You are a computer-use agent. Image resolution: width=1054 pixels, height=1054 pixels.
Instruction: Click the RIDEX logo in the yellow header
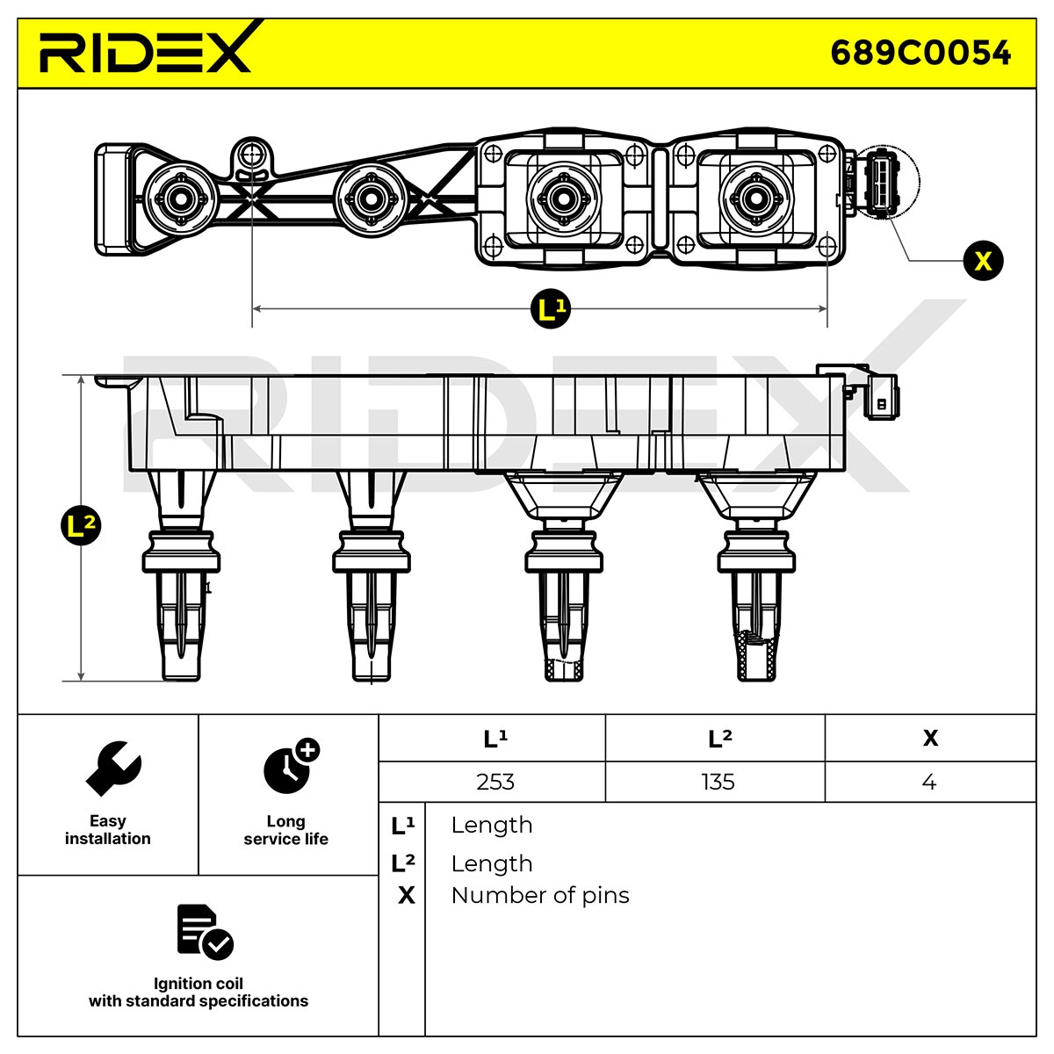tap(145, 48)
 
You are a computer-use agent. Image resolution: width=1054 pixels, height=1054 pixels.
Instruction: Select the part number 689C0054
tap(920, 53)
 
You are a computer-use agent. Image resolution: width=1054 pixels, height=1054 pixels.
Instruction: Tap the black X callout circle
tap(983, 260)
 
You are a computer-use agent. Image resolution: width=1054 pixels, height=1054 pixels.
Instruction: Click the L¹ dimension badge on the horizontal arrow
tap(551, 309)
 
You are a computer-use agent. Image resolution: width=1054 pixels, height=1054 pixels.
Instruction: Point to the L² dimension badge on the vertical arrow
tap(81, 525)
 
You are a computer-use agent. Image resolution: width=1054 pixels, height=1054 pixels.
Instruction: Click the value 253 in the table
tap(495, 782)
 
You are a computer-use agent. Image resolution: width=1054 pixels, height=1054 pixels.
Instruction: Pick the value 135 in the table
tap(718, 782)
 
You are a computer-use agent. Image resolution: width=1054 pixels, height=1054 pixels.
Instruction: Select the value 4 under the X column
tap(928, 782)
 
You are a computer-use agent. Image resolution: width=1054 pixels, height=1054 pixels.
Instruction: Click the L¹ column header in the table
tap(495, 739)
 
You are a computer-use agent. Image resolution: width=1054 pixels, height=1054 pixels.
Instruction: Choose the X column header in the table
tap(930, 739)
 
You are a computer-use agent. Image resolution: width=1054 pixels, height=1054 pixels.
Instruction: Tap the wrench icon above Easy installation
tap(114, 768)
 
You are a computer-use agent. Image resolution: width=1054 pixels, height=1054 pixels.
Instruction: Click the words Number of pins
tap(540, 895)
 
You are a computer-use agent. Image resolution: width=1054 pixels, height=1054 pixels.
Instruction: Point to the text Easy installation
tap(108, 830)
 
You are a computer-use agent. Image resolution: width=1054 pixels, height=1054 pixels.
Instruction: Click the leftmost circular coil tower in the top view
tap(181, 199)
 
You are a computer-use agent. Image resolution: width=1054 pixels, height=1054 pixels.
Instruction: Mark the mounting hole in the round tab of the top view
tap(251, 155)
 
